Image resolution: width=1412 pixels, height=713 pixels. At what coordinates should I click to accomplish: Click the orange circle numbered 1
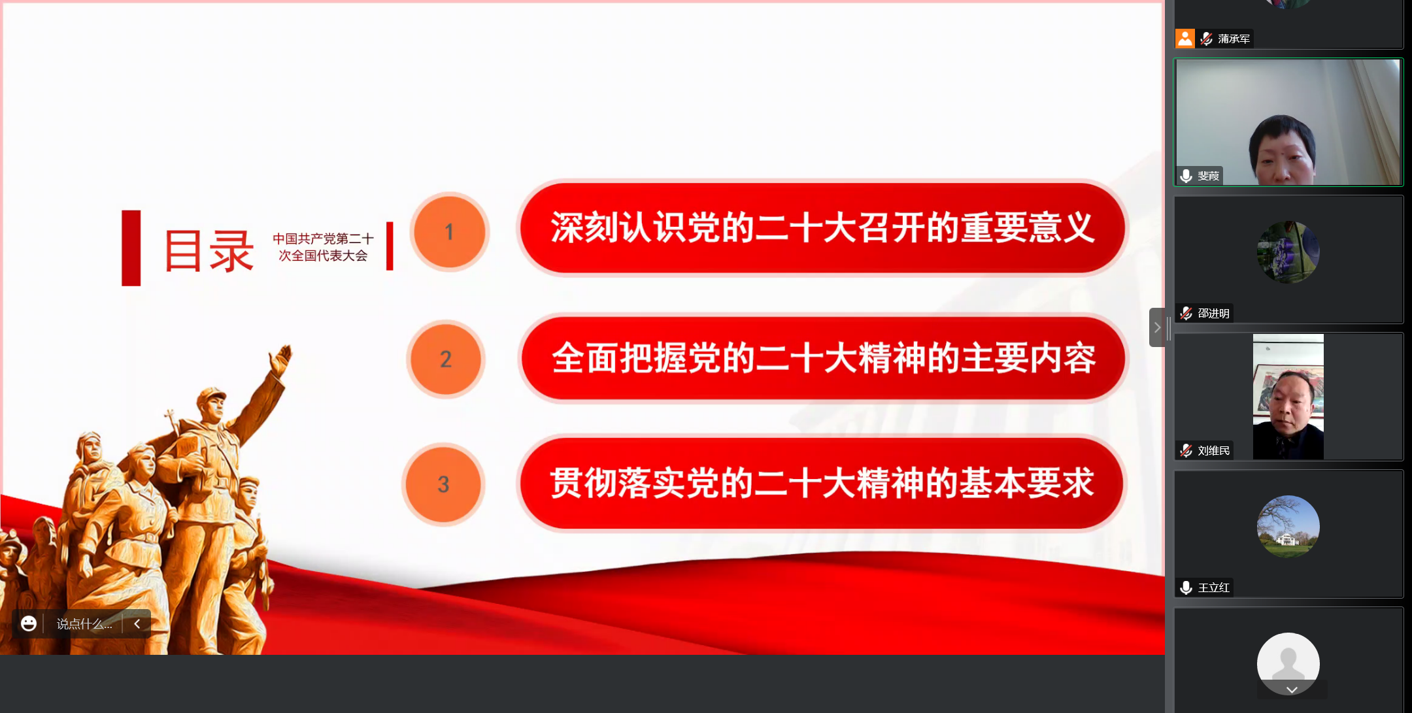pyautogui.click(x=450, y=231)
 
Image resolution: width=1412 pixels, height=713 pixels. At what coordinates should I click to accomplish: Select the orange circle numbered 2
pyautogui.click(x=446, y=359)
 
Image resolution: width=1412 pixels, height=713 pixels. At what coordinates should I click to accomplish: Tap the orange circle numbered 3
pyautogui.click(x=443, y=484)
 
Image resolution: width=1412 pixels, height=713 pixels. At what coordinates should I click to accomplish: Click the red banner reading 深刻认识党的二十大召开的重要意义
pyautogui.click(x=822, y=227)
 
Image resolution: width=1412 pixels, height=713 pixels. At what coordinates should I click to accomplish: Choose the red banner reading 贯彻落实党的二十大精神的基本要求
pyautogui.click(x=822, y=484)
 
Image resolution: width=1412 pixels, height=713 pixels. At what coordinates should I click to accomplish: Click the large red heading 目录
pyautogui.click(x=209, y=250)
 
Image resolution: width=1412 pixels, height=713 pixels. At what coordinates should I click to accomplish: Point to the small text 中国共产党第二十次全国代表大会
pyautogui.click(x=323, y=247)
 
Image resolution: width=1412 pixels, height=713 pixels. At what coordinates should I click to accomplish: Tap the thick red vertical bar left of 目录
pyautogui.click(x=131, y=248)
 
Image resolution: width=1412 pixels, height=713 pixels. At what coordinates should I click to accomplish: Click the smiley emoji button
pyautogui.click(x=29, y=623)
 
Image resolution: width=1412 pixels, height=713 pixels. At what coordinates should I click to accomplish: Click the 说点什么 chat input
pyautogui.click(x=84, y=624)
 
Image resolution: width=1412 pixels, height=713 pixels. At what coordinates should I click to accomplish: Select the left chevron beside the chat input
pyautogui.click(x=137, y=623)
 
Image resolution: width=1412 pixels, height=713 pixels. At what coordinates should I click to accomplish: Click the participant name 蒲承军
pyautogui.click(x=1234, y=39)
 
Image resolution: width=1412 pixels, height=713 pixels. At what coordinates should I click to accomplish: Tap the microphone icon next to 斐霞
pyautogui.click(x=1186, y=176)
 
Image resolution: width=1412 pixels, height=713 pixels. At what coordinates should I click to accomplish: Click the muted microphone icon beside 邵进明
pyautogui.click(x=1186, y=313)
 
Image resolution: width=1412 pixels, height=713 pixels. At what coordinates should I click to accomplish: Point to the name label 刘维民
pyautogui.click(x=1214, y=451)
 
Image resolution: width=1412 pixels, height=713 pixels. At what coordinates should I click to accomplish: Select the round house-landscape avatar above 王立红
pyautogui.click(x=1288, y=527)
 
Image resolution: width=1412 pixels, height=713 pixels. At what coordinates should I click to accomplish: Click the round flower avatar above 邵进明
pyautogui.click(x=1288, y=252)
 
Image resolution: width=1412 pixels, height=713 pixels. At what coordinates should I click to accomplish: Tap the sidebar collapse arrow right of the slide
pyautogui.click(x=1157, y=327)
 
